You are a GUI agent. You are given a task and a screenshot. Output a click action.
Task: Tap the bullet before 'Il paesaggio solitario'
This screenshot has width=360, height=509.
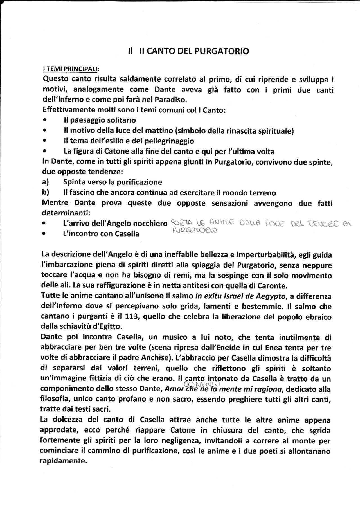point(44,120)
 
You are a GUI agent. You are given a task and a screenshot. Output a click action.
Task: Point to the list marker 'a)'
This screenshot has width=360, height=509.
point(45,182)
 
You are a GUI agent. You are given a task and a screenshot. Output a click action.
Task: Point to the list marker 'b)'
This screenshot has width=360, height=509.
point(45,192)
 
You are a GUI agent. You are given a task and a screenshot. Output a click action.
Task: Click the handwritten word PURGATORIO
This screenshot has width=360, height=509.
point(194,231)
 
